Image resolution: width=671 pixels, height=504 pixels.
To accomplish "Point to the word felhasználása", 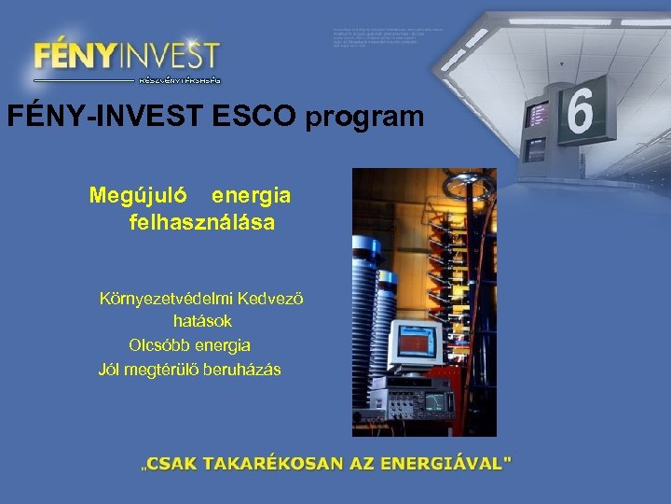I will pyautogui.click(x=202, y=223).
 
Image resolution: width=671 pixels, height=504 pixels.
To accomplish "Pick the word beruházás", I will pyautogui.click(x=241, y=370).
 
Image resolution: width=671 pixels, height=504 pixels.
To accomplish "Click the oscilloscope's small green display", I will pyautogui.click(x=433, y=402).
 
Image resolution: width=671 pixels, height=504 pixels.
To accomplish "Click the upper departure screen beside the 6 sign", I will pyautogui.click(x=537, y=115).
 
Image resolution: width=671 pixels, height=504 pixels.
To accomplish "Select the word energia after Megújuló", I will pyautogui.click(x=251, y=196).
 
